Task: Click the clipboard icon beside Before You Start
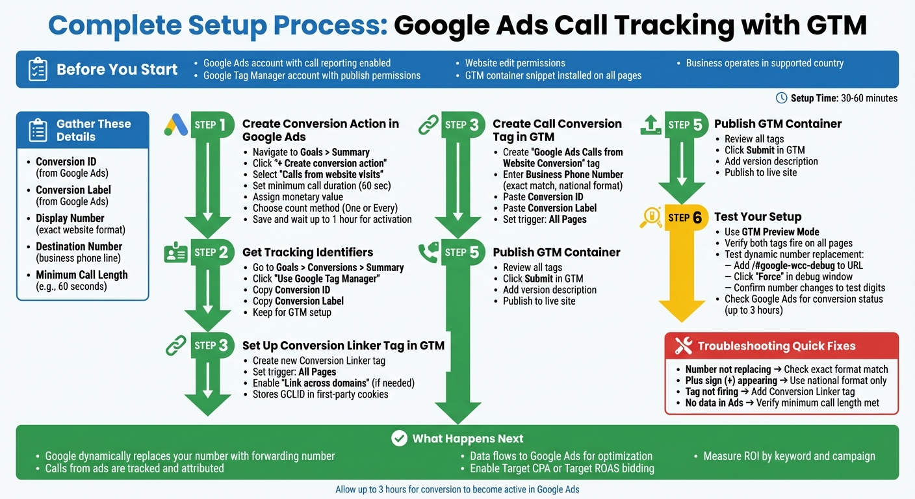click(x=38, y=70)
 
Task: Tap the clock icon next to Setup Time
click(x=782, y=98)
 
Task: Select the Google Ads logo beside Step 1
click(x=175, y=124)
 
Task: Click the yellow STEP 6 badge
click(x=685, y=218)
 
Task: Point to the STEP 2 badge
click(x=212, y=253)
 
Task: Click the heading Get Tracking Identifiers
click(x=307, y=252)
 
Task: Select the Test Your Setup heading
click(x=758, y=217)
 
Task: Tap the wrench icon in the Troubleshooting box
click(x=683, y=346)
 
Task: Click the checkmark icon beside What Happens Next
click(x=399, y=439)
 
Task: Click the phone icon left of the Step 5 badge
click(x=428, y=253)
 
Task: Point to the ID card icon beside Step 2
click(x=175, y=253)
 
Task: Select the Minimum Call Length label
click(x=81, y=275)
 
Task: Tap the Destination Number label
click(x=79, y=246)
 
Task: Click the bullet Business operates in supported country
click(x=764, y=63)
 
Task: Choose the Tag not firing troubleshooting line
click(x=769, y=391)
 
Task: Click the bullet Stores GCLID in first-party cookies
click(x=320, y=394)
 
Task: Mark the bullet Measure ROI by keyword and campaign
click(x=789, y=456)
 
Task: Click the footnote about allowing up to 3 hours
click(x=457, y=489)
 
